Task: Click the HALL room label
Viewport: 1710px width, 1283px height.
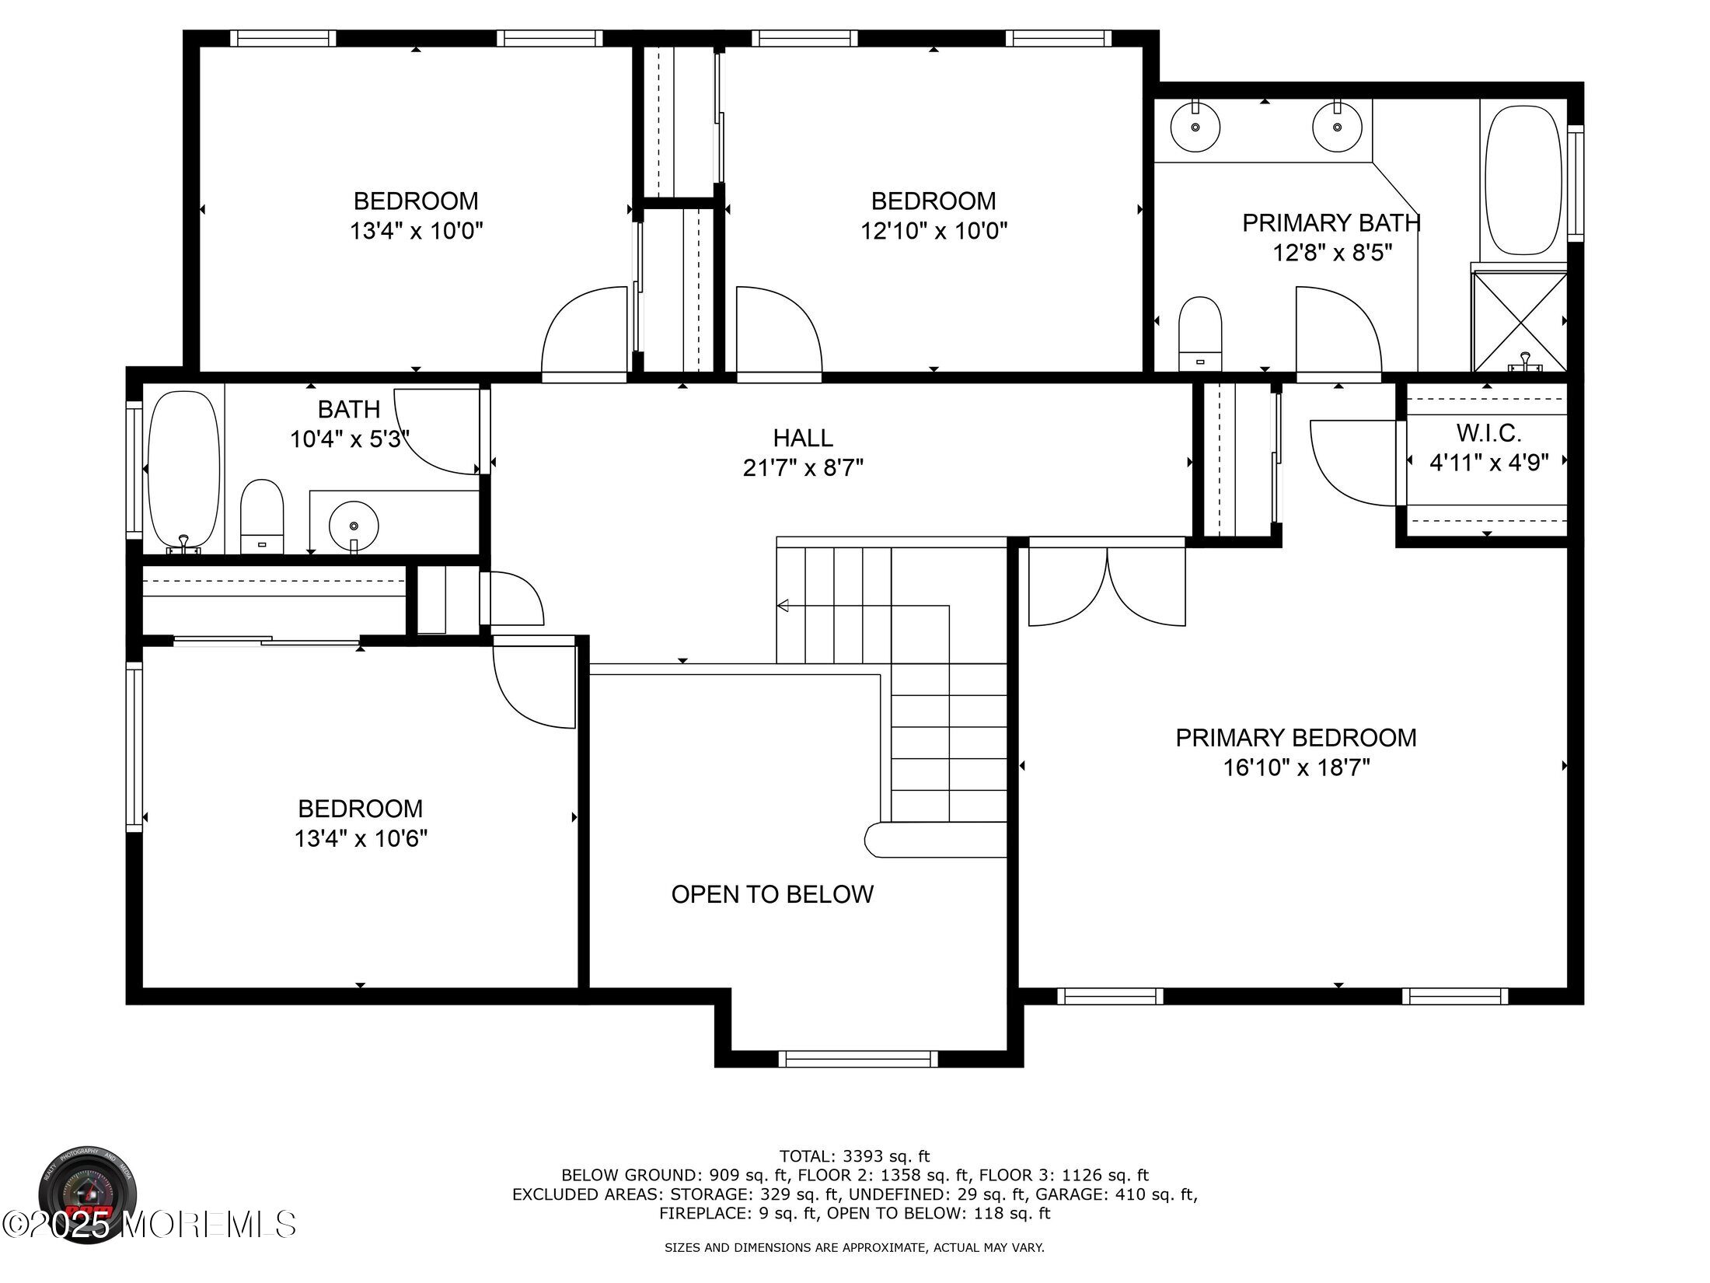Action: tap(803, 438)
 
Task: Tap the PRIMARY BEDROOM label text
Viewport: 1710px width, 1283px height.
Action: tap(1296, 738)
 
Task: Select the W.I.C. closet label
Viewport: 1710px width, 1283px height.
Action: tap(1488, 432)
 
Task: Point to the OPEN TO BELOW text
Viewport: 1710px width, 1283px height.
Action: tap(772, 894)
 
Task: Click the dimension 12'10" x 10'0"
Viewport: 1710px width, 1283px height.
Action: tap(934, 231)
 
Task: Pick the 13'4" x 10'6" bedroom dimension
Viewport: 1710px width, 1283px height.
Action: tap(361, 838)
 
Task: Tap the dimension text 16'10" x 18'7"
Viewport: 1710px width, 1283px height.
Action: tap(1296, 768)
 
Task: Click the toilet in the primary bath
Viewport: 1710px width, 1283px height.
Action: tap(1200, 334)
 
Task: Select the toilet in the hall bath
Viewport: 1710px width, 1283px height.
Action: tap(262, 516)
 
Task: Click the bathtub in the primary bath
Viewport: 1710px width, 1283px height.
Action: tap(1523, 180)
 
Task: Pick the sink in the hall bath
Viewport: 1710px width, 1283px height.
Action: tap(354, 526)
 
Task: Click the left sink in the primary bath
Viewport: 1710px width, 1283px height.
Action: tap(1195, 128)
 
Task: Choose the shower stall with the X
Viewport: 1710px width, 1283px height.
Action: tap(1520, 322)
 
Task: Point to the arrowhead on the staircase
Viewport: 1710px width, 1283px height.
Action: tap(783, 606)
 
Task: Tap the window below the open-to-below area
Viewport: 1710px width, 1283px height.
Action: tap(858, 1058)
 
